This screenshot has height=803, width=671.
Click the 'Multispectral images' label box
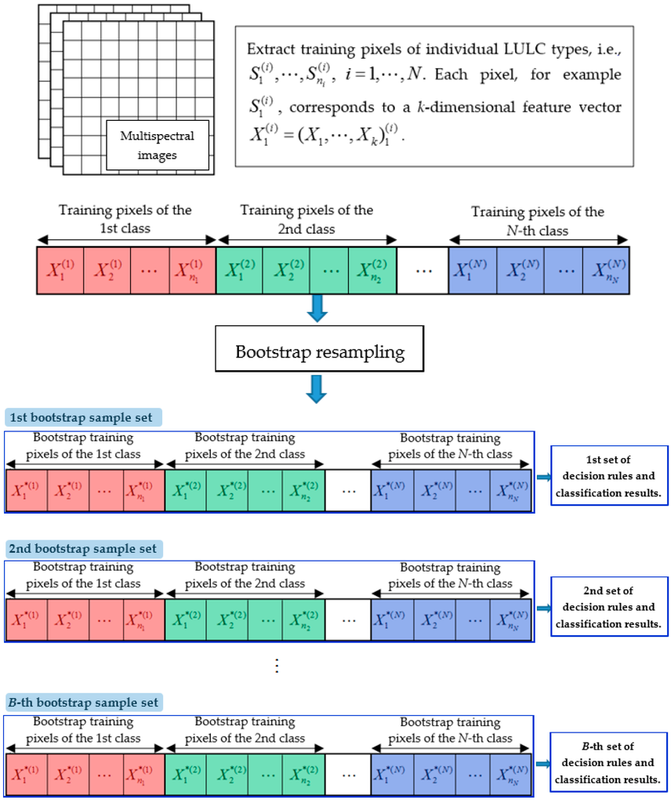pyautogui.click(x=157, y=144)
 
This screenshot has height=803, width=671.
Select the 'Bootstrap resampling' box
pyautogui.click(x=320, y=351)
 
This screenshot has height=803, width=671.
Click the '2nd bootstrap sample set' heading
pyautogui.click(x=82, y=548)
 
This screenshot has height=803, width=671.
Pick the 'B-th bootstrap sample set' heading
pyautogui.click(x=82, y=702)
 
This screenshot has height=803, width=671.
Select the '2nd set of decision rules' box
pyautogui.click(x=604, y=608)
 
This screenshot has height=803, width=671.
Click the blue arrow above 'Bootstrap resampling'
pyautogui.click(x=316, y=307)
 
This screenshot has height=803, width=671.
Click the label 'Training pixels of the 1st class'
pyautogui.click(x=125, y=220)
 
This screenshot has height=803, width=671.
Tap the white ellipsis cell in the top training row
pyautogui.click(x=423, y=270)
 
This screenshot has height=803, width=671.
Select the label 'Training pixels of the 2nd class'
pyautogui.click(x=306, y=220)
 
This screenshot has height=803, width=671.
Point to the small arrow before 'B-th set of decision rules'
pyautogui.click(x=543, y=763)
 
